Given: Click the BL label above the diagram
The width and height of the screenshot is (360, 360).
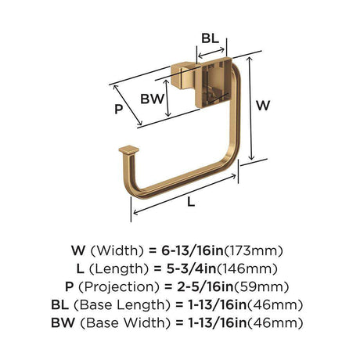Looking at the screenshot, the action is point(210,38).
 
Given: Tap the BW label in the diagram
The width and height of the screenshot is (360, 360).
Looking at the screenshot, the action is point(153,99).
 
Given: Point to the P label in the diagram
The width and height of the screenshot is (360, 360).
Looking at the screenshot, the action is point(119,109).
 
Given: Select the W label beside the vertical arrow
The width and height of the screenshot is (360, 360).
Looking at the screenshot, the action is point(263,106).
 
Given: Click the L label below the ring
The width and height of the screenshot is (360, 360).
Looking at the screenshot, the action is point(191,202).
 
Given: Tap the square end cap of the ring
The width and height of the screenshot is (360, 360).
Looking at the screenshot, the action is point(129,150).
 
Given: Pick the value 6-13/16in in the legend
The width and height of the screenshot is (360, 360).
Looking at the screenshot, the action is point(193,250).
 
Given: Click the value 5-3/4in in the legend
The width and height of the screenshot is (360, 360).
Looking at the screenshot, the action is point(192,268).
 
